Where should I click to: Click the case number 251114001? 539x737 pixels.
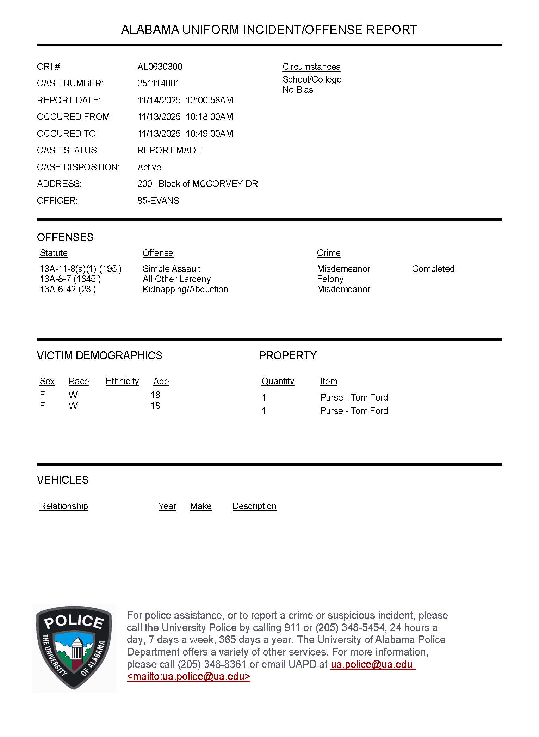tap(158, 84)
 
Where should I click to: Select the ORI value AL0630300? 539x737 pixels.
tap(160, 67)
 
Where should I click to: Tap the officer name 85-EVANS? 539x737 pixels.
tap(158, 201)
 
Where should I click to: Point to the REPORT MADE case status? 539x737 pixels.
tap(169, 150)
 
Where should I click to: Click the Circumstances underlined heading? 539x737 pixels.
tap(311, 67)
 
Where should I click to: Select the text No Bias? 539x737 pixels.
tap(298, 90)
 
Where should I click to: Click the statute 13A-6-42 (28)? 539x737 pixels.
tap(68, 290)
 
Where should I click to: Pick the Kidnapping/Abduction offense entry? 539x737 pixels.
tap(185, 290)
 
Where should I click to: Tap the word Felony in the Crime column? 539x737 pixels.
tap(330, 279)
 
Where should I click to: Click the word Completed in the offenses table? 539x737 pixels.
tap(433, 269)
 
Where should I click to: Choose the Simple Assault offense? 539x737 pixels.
tap(171, 269)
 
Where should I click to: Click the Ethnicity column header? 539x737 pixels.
tap(122, 382)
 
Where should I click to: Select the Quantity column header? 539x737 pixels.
tap(278, 382)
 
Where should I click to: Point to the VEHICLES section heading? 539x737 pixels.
tap(63, 480)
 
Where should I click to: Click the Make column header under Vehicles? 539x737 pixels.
tap(201, 506)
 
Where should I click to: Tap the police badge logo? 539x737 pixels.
tap(74, 648)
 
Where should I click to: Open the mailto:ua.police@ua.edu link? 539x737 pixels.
tap(188, 677)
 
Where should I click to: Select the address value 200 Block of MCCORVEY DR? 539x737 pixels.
tap(197, 184)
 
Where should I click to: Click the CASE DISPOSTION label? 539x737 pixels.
tap(78, 167)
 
